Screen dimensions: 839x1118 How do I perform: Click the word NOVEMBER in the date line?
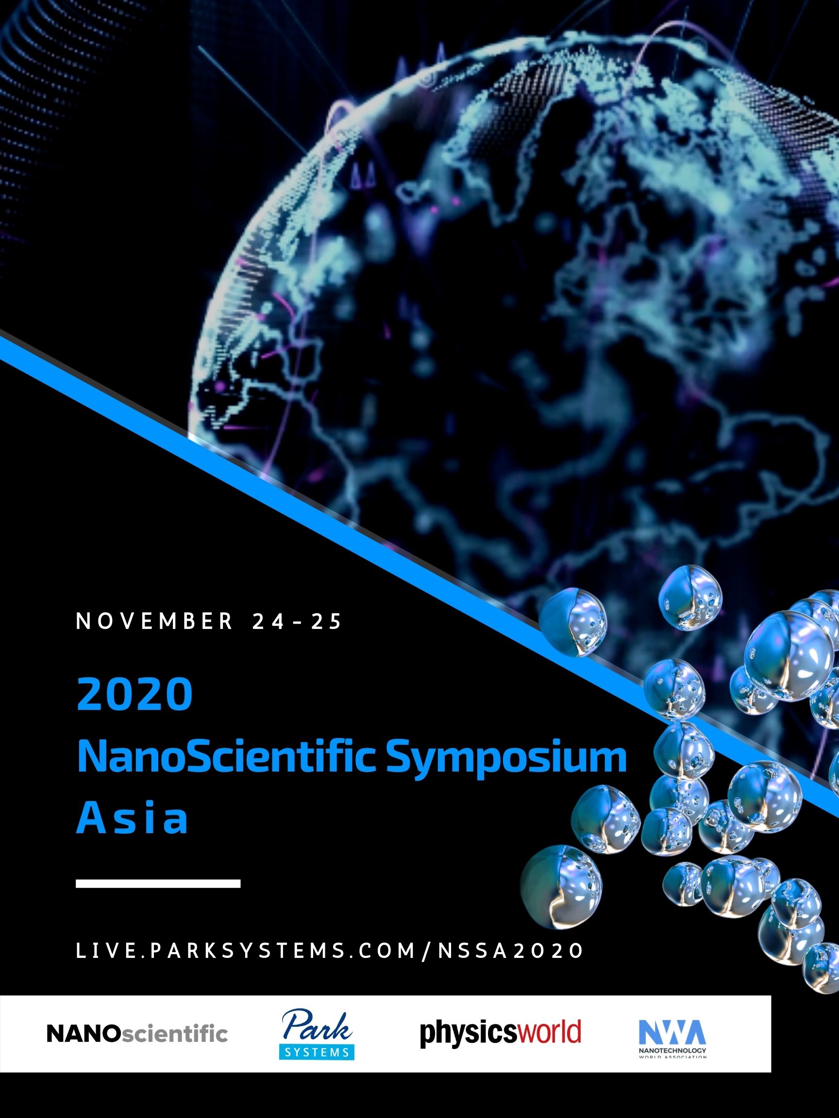point(154,621)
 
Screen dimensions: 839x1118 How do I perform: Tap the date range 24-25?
point(297,621)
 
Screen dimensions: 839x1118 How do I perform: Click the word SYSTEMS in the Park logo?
point(317,1052)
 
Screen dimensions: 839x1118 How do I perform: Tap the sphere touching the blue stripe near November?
point(572,623)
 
